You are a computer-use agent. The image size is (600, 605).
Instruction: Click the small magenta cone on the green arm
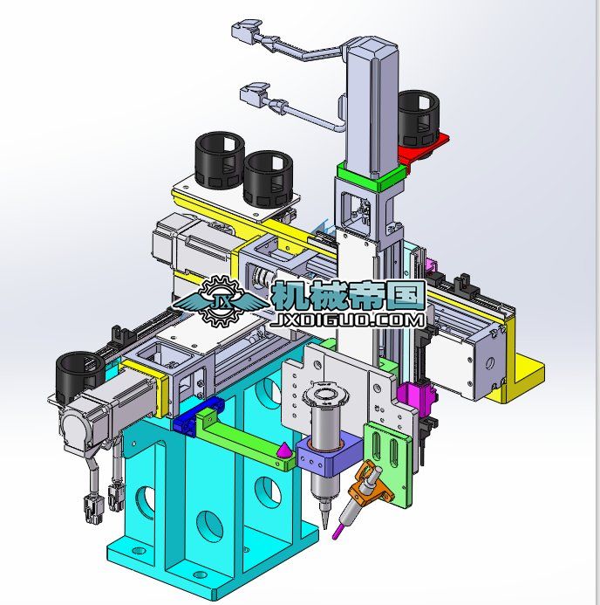coord(284,450)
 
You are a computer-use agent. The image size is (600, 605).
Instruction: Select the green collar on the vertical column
coord(372,175)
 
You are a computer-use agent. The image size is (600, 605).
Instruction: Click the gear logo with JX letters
coord(222,301)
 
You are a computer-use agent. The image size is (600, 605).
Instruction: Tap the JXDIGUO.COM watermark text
coord(348,321)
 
